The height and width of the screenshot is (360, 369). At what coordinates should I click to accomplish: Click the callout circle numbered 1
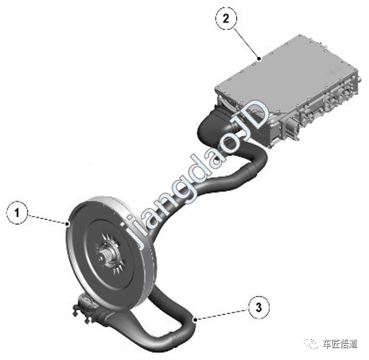(x=17, y=213)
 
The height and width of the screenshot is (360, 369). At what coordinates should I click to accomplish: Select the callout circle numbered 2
(x=226, y=18)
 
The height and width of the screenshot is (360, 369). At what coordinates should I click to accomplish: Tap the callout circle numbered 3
(x=259, y=307)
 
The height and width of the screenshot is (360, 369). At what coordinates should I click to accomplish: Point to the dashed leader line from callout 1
(x=48, y=219)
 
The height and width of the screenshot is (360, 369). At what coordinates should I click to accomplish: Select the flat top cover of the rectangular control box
(x=286, y=71)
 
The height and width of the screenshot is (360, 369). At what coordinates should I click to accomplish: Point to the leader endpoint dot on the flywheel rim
(x=69, y=224)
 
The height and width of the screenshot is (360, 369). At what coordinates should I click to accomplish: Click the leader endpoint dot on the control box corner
(x=259, y=59)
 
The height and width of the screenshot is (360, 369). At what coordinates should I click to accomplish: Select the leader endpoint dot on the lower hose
(x=195, y=320)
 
